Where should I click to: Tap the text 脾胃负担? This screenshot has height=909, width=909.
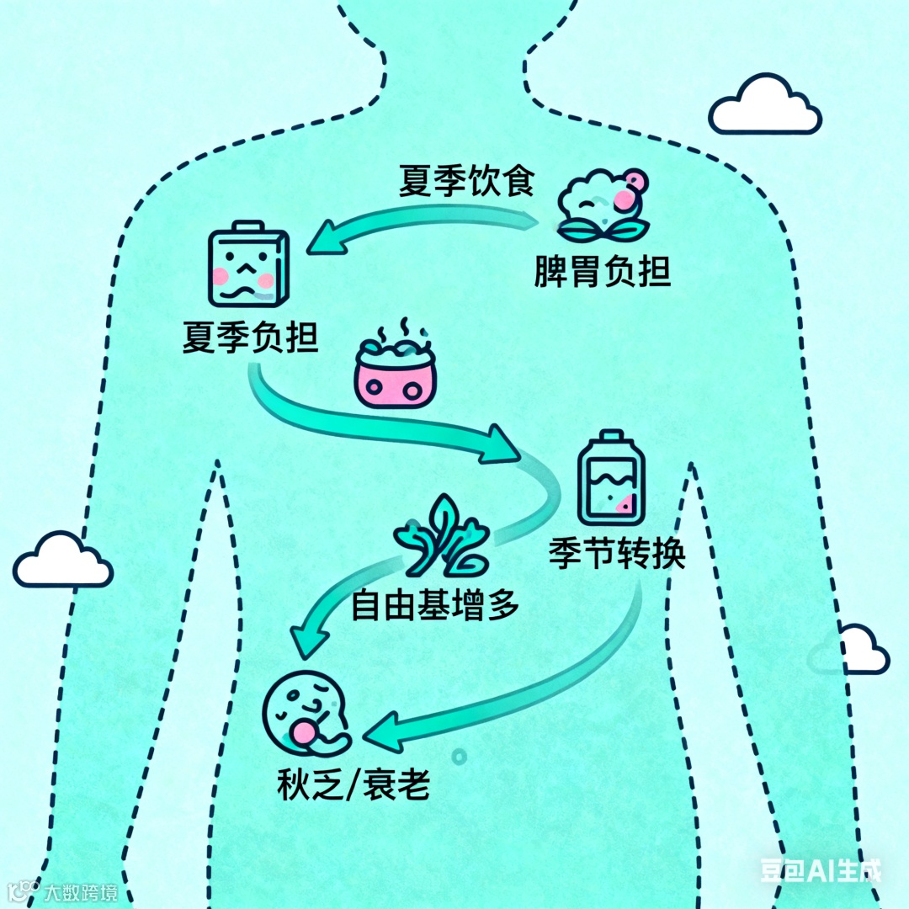pyautogui.click(x=603, y=272)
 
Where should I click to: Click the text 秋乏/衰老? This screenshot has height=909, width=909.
pyautogui.click(x=353, y=784)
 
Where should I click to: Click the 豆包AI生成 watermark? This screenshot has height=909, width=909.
pyautogui.click(x=820, y=869)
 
